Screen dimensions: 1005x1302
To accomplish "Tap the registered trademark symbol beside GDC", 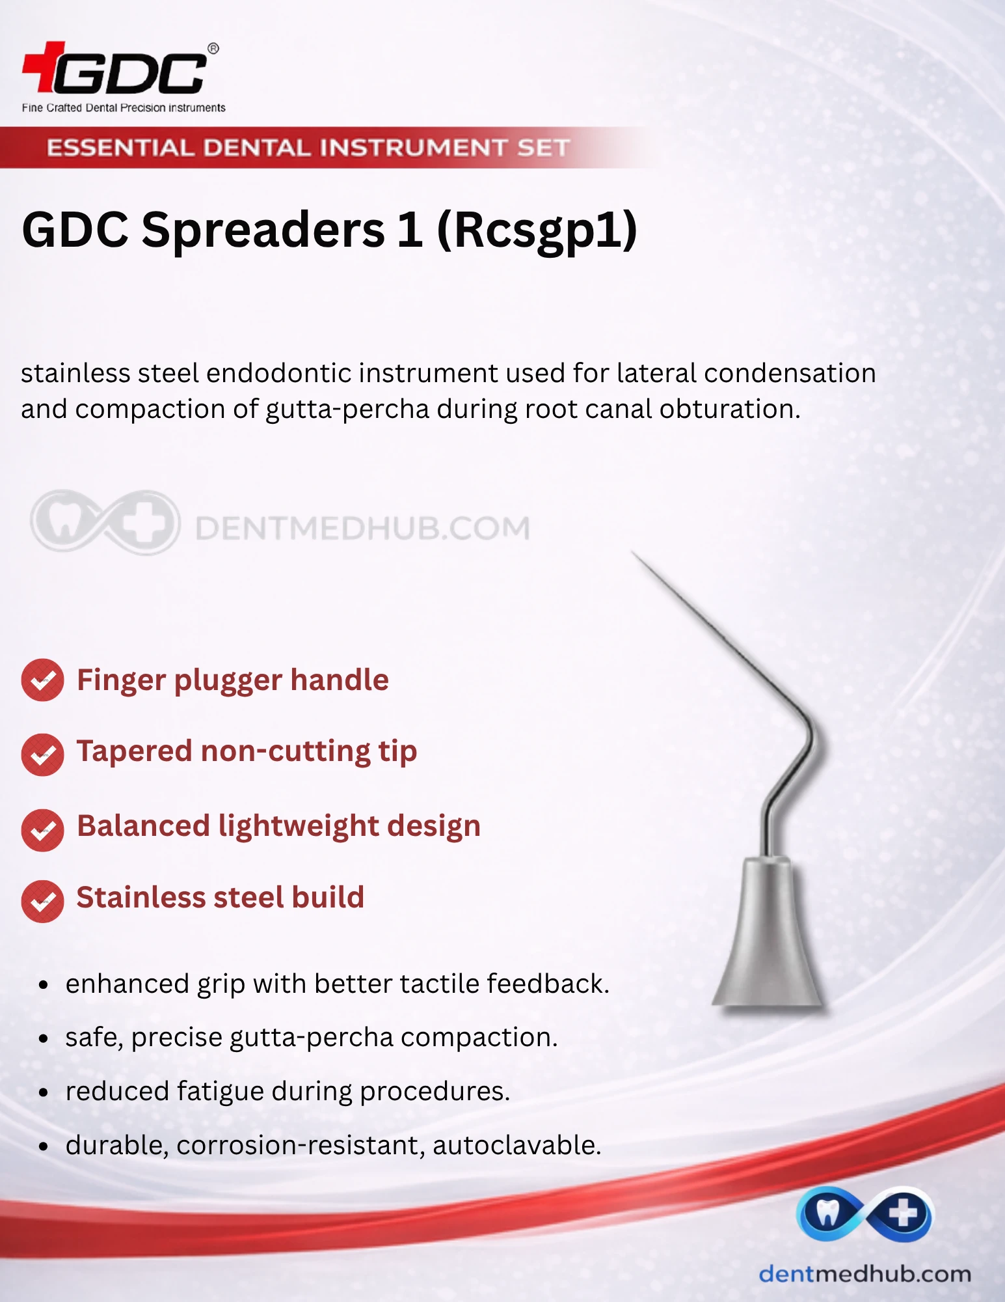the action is [x=213, y=48].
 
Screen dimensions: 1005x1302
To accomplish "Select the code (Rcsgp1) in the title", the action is [x=537, y=230].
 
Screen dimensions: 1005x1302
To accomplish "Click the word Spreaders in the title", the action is [x=263, y=230].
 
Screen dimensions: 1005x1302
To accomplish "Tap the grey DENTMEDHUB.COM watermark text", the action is [x=362, y=528].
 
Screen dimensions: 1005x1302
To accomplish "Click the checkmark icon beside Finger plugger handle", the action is [x=42, y=680].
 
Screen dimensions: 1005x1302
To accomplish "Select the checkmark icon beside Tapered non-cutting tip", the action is [x=42, y=755].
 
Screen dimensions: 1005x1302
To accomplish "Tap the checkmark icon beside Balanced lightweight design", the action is [x=42, y=830].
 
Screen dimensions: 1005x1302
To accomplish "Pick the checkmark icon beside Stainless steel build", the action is [x=42, y=902].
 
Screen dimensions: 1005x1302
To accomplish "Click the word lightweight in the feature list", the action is [x=299, y=827].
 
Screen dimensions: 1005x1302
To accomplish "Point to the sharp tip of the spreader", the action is [x=632, y=553].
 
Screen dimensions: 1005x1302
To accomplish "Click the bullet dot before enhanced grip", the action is [x=43, y=985].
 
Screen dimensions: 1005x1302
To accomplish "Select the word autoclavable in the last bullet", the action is [x=517, y=1145].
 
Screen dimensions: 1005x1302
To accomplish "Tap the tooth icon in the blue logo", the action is [x=828, y=1212].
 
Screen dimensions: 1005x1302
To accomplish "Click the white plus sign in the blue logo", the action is [x=903, y=1213].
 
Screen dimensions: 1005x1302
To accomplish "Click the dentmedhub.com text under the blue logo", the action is [x=865, y=1274].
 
